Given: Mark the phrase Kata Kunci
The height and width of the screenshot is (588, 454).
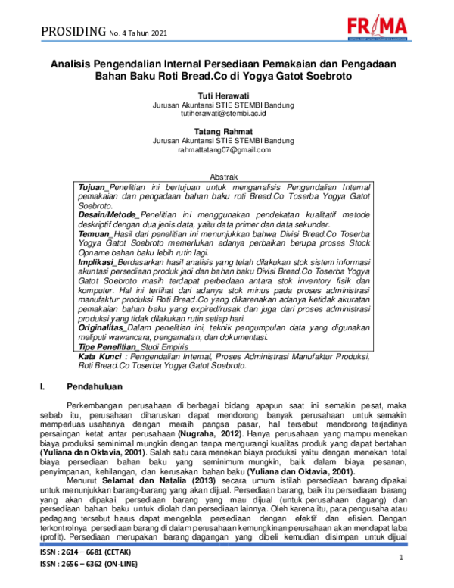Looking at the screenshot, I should click(101, 355).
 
